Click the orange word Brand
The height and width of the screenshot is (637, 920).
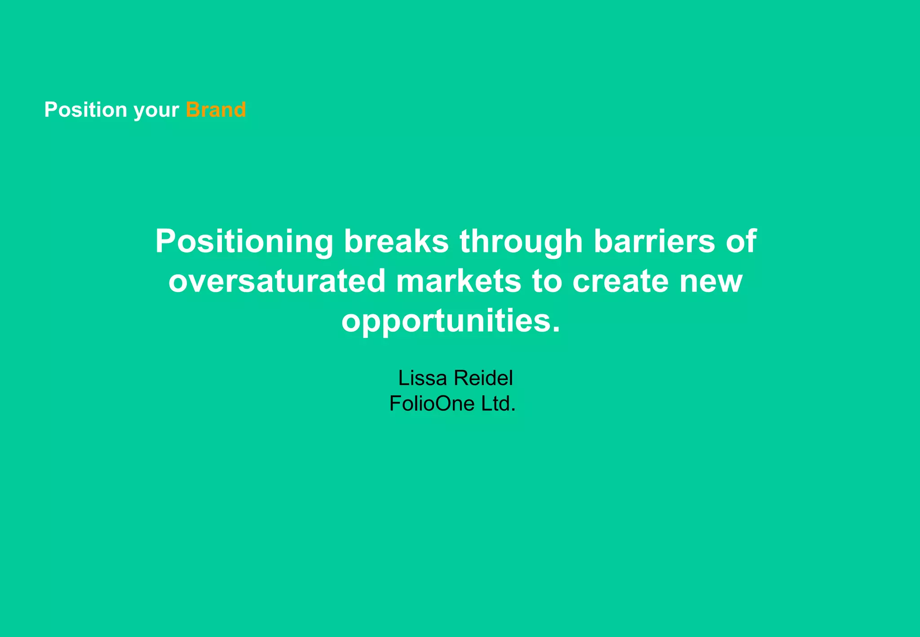coord(216,110)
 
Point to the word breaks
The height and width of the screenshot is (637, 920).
coord(396,242)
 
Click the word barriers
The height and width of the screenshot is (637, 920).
coord(654,242)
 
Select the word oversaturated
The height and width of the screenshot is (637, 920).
coord(277,281)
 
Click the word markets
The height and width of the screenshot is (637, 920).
coord(458,281)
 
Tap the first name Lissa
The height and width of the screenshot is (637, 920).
coord(422,378)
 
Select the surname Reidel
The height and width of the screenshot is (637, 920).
coord(483,378)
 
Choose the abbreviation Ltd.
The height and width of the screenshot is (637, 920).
coord(498,403)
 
